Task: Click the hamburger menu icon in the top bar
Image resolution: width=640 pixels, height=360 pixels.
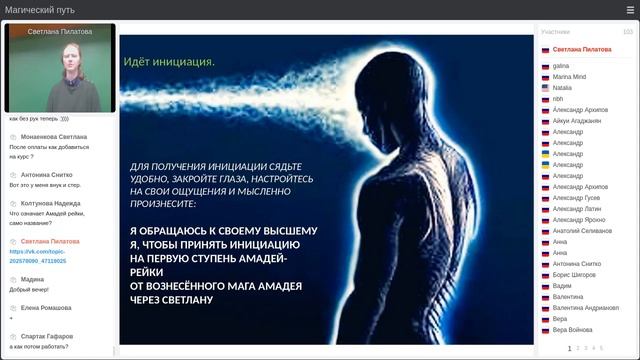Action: (629, 10)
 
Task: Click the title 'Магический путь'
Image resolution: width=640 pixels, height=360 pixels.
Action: (40, 10)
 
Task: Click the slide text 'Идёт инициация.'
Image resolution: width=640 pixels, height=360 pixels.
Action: (169, 62)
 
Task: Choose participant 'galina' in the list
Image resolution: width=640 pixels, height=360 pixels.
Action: (561, 65)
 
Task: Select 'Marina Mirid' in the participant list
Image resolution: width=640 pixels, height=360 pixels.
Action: (570, 76)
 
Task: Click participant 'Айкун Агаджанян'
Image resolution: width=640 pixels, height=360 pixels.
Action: (577, 120)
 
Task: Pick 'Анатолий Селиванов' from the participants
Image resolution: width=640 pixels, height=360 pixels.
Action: (582, 231)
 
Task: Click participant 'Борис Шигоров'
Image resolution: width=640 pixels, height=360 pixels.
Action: (575, 274)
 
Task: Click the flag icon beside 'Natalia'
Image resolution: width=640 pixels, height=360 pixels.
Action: (545, 87)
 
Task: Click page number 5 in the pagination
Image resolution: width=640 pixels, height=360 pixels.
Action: (601, 348)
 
